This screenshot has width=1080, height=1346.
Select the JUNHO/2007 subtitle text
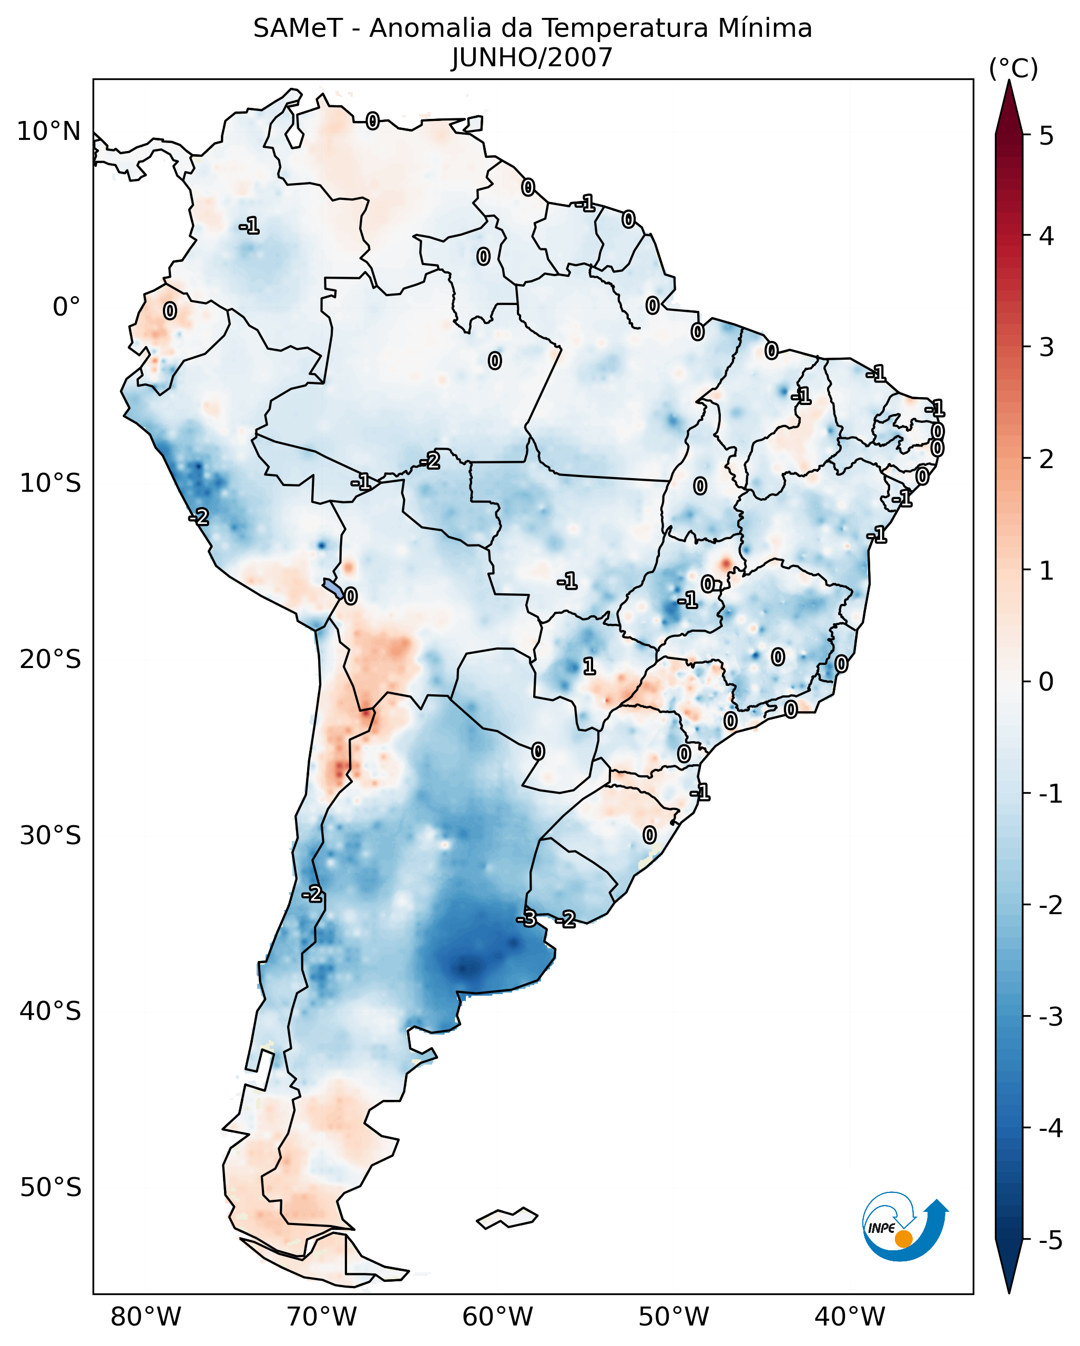[x=532, y=58]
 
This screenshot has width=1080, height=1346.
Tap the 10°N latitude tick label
[x=49, y=131]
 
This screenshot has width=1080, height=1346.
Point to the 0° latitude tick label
[x=66, y=307]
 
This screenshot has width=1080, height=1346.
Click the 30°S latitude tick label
[x=50, y=835]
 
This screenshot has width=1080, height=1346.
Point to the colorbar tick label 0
[x=1046, y=682]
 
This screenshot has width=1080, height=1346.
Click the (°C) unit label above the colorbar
[x=1013, y=69]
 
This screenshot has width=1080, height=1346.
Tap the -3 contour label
[x=526, y=918]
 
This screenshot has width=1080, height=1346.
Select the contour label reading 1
[x=589, y=666]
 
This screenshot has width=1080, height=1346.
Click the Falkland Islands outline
[x=507, y=1217]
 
